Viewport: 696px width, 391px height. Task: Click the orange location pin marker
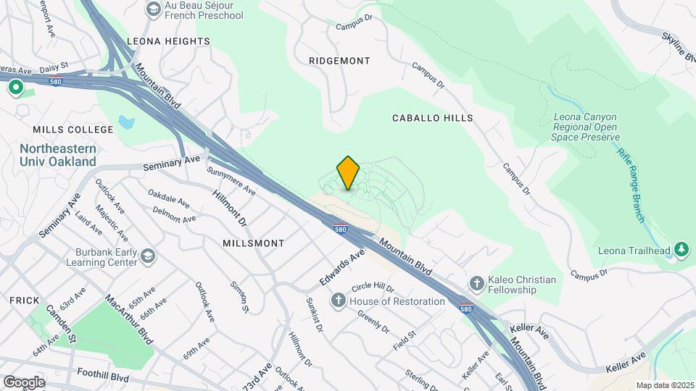click(x=349, y=172)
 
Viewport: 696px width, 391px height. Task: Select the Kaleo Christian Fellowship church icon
click(x=476, y=283)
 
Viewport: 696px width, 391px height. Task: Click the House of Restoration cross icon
click(x=338, y=300)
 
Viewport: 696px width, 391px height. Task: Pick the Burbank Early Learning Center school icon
click(x=148, y=256)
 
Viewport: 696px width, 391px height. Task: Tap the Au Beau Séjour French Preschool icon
click(x=153, y=9)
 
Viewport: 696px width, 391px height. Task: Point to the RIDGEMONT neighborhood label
click(x=339, y=61)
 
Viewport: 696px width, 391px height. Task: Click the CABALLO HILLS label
click(x=433, y=117)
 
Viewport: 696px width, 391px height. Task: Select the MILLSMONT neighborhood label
click(x=254, y=243)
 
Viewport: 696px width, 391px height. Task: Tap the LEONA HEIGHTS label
click(x=168, y=41)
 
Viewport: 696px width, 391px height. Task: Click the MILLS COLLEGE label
click(x=73, y=130)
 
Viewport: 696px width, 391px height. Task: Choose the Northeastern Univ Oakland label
click(x=58, y=155)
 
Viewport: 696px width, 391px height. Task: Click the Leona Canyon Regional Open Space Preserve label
click(x=586, y=127)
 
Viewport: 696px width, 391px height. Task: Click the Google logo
click(x=24, y=382)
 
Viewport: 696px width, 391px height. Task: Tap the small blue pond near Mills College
click(x=126, y=121)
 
